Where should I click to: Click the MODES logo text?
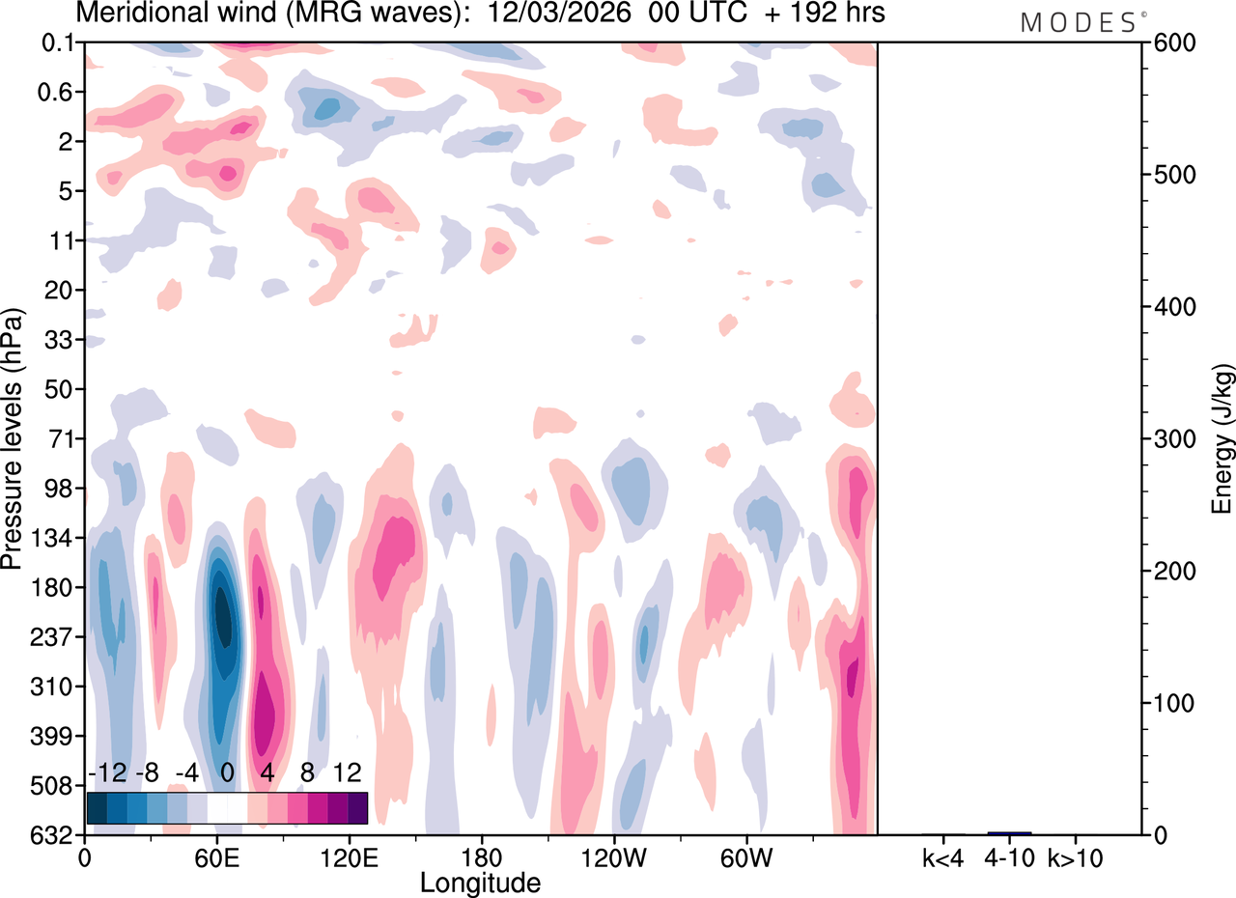click(x=1078, y=21)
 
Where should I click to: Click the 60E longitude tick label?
click(x=217, y=856)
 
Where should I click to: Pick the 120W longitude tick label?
click(x=613, y=856)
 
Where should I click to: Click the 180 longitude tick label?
click(x=481, y=856)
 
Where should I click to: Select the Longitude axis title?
click(x=480, y=882)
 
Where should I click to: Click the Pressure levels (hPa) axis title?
click(x=13, y=438)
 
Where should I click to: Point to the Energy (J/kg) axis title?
click(x=1222, y=438)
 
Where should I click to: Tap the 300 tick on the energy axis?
click(x=1170, y=439)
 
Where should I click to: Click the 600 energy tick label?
click(x=1170, y=43)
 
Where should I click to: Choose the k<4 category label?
click(x=943, y=856)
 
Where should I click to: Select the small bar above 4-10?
click(x=1009, y=832)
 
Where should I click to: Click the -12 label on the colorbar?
click(x=108, y=772)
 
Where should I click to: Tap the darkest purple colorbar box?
click(x=357, y=807)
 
